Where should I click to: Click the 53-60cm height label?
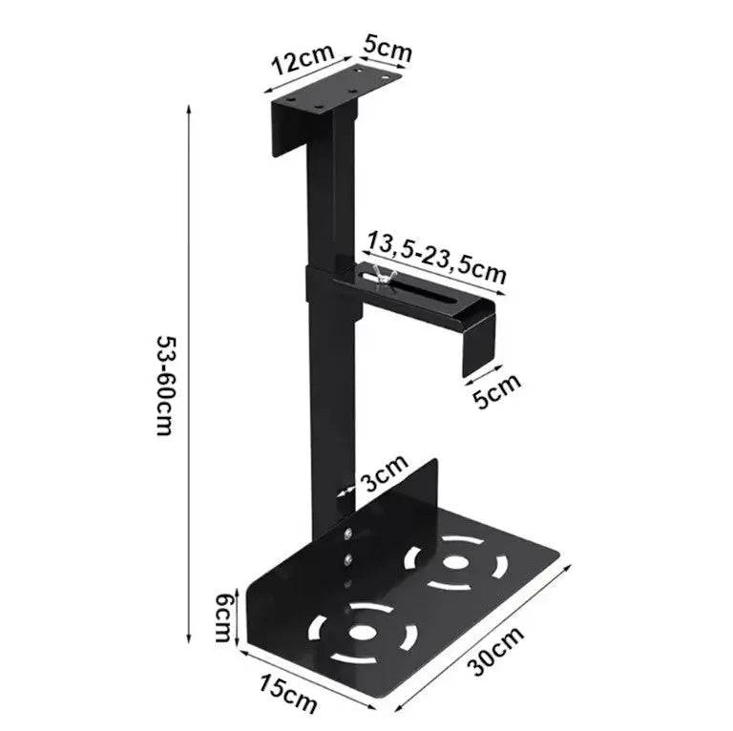[x=163, y=385]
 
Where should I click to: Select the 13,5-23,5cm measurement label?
[x=436, y=257]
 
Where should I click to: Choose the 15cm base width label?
[x=288, y=692]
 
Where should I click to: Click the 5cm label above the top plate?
[x=386, y=49]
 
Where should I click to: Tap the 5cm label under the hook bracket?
[x=498, y=388]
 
